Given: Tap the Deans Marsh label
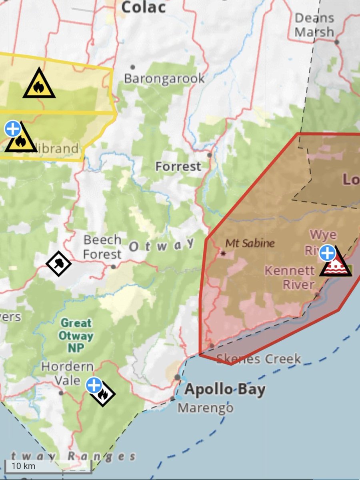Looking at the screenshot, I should pyautogui.click(x=314, y=25).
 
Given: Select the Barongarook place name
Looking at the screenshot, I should pyautogui.click(x=164, y=78).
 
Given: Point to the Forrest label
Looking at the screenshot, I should pyautogui.click(x=178, y=166).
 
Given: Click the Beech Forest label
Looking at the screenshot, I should pyautogui.click(x=102, y=247).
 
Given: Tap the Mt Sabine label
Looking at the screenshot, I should pyautogui.click(x=250, y=243).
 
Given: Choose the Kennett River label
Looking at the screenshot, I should pyautogui.click(x=290, y=277).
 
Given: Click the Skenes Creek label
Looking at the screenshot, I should pyautogui.click(x=258, y=359).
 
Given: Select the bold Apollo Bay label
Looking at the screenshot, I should pyautogui.click(x=225, y=389).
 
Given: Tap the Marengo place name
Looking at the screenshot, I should pyautogui.click(x=206, y=408).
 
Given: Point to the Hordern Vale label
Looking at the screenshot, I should pyautogui.click(x=68, y=373).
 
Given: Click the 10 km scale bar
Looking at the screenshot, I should pyautogui.click(x=48, y=466).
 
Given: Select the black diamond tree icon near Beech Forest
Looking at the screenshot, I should pyautogui.click(x=58, y=263).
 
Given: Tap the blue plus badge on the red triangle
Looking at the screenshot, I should pyautogui.click(x=327, y=253).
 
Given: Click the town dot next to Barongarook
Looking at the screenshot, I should pyautogui.click(x=132, y=67).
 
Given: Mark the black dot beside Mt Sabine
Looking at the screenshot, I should pyautogui.click(x=223, y=253).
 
